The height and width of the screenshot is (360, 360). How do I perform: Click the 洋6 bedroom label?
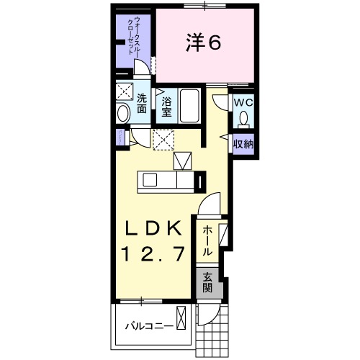point(203,42)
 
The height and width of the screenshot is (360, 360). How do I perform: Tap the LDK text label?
point(153,228)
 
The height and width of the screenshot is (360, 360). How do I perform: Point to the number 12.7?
point(153,253)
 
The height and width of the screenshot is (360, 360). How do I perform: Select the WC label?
point(243,103)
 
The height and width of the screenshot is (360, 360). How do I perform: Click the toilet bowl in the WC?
point(244,118)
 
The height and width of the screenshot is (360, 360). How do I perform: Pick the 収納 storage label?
point(243,144)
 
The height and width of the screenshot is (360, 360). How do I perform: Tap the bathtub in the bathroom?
point(190,106)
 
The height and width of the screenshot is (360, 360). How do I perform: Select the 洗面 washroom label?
point(142,103)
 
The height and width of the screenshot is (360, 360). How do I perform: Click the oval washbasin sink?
point(123,113)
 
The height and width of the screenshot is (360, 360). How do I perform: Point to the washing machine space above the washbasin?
point(125,91)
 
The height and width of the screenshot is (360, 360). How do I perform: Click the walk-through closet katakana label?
point(134,35)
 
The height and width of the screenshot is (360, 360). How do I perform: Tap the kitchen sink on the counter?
point(150,180)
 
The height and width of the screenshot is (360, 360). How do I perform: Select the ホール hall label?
point(207,240)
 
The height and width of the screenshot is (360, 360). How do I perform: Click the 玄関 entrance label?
point(207,282)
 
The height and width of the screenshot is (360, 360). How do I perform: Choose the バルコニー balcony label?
point(150,326)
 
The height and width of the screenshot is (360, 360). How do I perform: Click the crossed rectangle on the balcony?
point(181,318)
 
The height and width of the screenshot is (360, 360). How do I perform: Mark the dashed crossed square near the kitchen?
point(163,140)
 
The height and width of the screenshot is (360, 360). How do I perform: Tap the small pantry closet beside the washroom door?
point(120,138)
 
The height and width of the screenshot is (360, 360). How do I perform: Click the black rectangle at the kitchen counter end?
point(200,182)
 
